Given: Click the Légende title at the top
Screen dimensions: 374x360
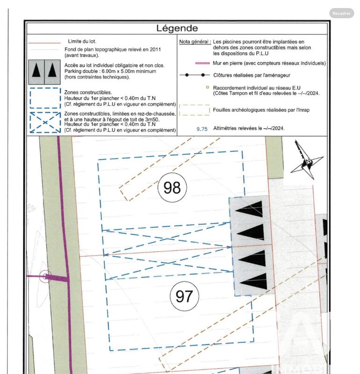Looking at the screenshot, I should point(177,29).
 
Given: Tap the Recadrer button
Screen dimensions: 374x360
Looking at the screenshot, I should point(341,14).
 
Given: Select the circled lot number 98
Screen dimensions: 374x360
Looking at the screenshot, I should point(172,187).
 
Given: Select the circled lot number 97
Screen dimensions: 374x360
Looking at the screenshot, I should point(184,295).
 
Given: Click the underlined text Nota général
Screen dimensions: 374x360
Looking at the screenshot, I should point(195,42).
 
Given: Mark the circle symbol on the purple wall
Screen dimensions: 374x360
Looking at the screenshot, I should point(44,276).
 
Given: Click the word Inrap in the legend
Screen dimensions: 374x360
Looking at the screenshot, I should point(302,109).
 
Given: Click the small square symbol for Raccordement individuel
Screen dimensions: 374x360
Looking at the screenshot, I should point(207,86).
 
